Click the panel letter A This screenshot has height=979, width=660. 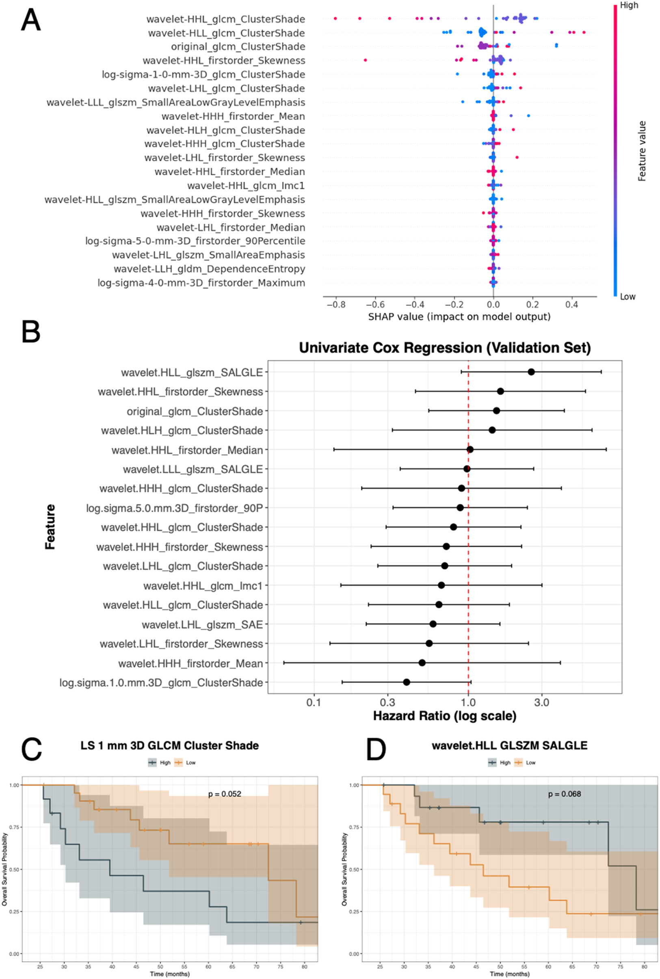point(30,20)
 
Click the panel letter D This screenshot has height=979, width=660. point(376,749)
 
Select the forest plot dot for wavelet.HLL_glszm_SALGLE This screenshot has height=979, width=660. point(531,372)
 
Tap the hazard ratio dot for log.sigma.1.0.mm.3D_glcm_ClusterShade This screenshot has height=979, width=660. point(406,682)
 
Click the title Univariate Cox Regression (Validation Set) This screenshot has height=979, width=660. point(445,348)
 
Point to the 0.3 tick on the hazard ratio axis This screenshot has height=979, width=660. point(387,702)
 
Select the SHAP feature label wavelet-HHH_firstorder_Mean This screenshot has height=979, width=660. point(233,116)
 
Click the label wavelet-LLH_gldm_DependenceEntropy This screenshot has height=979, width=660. point(209,269)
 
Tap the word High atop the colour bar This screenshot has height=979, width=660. point(629,5)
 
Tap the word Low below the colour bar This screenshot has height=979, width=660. point(628,297)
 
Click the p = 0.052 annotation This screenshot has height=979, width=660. point(225,794)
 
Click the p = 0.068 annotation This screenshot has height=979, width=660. point(565,794)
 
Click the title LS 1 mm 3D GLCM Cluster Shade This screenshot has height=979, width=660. point(170,745)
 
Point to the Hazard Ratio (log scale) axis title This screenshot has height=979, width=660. point(444,716)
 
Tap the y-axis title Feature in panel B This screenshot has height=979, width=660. point(50,526)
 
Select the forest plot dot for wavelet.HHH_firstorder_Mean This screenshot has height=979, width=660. point(422,663)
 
